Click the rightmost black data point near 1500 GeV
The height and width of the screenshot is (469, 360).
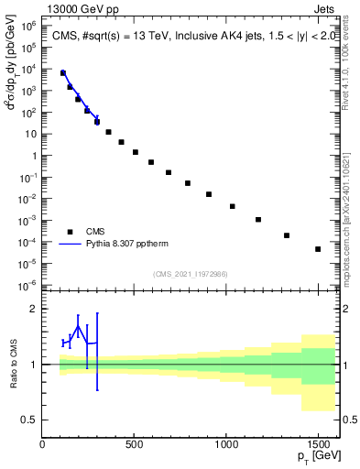pos(318,249)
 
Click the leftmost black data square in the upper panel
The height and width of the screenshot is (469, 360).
pos(63,73)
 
